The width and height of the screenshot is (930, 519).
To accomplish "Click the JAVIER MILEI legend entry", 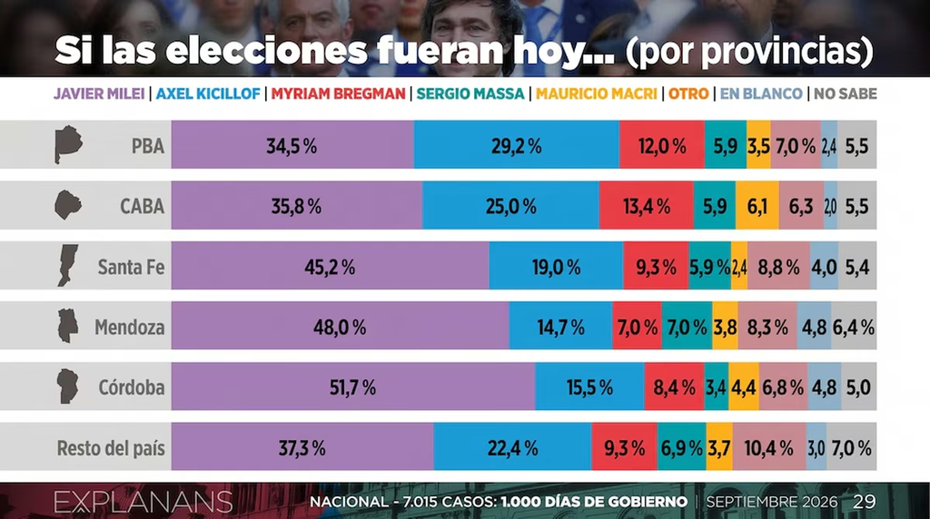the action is [x=99, y=93].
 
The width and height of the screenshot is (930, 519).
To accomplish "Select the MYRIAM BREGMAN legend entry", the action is [x=338, y=93].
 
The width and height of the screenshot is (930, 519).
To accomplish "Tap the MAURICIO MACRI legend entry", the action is [x=596, y=93].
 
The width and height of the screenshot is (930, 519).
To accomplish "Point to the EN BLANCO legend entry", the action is [x=761, y=93].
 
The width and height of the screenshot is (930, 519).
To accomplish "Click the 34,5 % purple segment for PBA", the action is [x=292, y=144].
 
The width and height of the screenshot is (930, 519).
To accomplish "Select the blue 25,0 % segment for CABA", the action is [x=510, y=205].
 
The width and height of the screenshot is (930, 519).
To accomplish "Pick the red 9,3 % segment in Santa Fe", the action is [x=656, y=266].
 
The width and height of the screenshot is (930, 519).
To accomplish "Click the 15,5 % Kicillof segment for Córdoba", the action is [x=589, y=387].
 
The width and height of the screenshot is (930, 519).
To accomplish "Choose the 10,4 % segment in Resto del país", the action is [x=769, y=446].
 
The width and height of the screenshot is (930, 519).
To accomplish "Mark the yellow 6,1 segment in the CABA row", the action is [x=757, y=205].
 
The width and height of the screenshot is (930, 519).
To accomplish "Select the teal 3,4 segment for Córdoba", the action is [x=717, y=387].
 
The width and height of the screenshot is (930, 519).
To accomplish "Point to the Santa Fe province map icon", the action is [x=67, y=266].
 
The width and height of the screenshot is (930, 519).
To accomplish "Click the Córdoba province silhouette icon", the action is [x=67, y=387].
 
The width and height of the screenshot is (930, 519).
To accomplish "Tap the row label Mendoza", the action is [x=129, y=327].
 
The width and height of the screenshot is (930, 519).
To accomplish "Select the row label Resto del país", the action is [x=111, y=448].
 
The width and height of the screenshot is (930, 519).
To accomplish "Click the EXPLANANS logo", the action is [x=143, y=502].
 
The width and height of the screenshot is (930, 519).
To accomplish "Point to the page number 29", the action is [x=865, y=502].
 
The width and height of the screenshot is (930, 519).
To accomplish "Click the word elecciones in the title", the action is [x=267, y=51].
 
